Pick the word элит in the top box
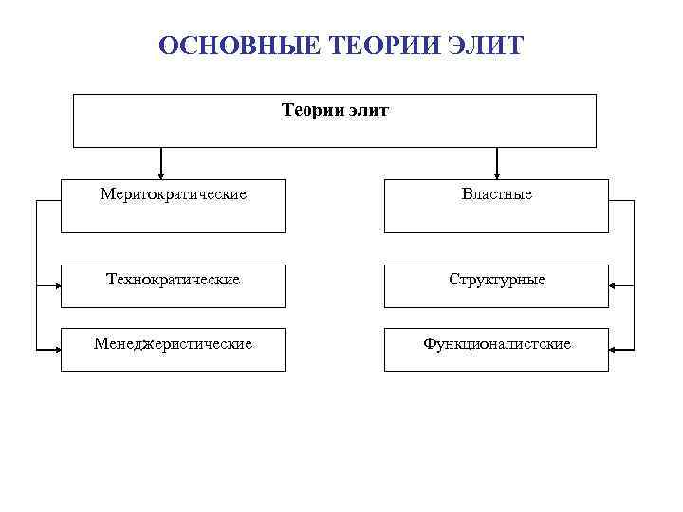click(x=368, y=111)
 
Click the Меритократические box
click(x=173, y=206)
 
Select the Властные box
click(x=496, y=206)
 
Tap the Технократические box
click(x=173, y=285)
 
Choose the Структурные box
click(x=496, y=285)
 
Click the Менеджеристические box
click(x=173, y=349)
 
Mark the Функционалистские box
click(x=496, y=349)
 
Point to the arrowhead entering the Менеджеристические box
click(x=56, y=350)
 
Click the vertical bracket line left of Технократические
click(x=36, y=275)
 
